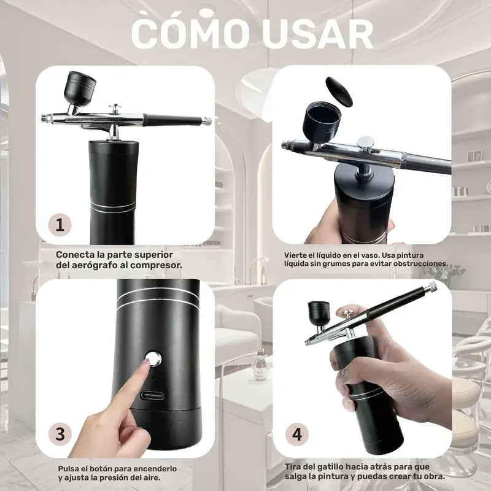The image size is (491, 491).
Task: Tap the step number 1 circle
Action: [x=60, y=224]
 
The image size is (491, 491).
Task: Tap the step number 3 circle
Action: [x=60, y=435]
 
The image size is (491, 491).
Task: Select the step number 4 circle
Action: [x=297, y=435]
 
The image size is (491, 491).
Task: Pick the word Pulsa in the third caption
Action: [x=69, y=468]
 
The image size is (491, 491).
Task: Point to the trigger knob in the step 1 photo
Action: [x=114, y=109]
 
